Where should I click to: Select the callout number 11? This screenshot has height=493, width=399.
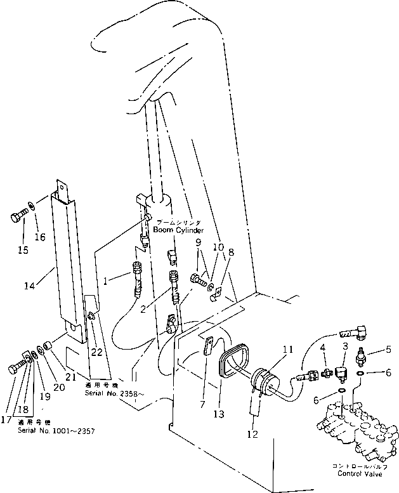[288, 349]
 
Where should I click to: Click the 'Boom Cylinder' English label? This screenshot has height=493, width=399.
[178, 230]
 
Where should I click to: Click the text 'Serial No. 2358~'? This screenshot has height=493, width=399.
[114, 393]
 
